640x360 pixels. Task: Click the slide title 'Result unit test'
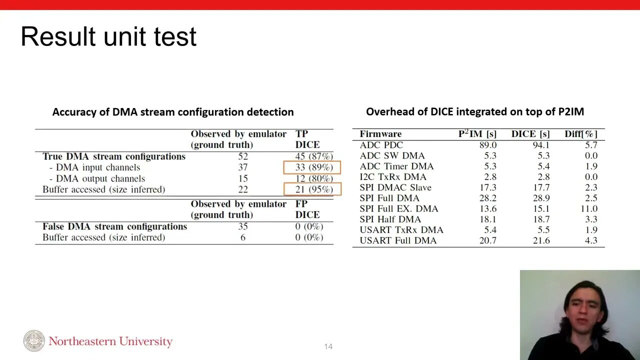(108, 37)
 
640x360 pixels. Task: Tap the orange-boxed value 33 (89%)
(312, 167)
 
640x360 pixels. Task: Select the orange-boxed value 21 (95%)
(312, 189)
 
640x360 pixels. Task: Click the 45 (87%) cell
(313, 156)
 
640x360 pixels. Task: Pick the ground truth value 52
(243, 156)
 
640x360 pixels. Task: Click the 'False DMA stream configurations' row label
(114, 226)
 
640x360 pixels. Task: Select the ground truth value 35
(243, 226)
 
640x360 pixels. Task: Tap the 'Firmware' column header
(380, 134)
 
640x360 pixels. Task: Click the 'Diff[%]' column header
(581, 134)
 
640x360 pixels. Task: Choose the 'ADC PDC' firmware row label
(381, 145)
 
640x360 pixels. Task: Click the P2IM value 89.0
(487, 145)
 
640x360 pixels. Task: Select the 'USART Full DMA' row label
(398, 240)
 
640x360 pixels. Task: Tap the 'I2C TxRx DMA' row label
(393, 176)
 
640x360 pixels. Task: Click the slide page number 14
(328, 346)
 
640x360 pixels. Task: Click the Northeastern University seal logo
(34, 341)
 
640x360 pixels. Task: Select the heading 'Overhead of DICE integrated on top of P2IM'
(474, 112)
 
